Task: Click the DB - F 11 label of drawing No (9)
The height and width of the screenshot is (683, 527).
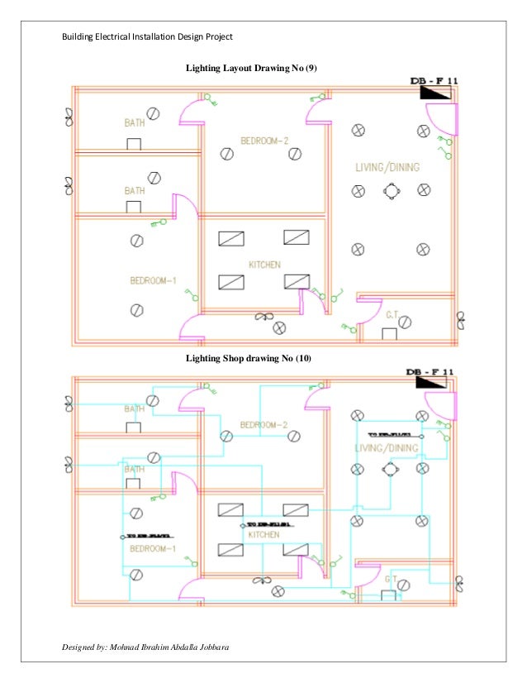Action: (434, 81)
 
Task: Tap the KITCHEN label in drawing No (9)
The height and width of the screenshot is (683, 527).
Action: (264, 265)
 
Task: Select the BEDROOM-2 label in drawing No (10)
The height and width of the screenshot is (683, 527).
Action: (264, 425)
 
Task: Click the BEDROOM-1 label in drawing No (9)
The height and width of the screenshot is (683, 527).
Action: (153, 280)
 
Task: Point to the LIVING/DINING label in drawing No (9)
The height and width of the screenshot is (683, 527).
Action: (387, 168)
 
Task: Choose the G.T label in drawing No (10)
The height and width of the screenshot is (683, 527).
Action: (392, 580)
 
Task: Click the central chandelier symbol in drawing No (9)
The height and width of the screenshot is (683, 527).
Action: (390, 191)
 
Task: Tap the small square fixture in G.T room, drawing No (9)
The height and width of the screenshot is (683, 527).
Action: (388, 333)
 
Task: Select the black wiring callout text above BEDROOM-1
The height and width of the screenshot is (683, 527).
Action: (146, 537)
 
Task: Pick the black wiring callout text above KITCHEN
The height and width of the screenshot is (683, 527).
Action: (266, 524)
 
